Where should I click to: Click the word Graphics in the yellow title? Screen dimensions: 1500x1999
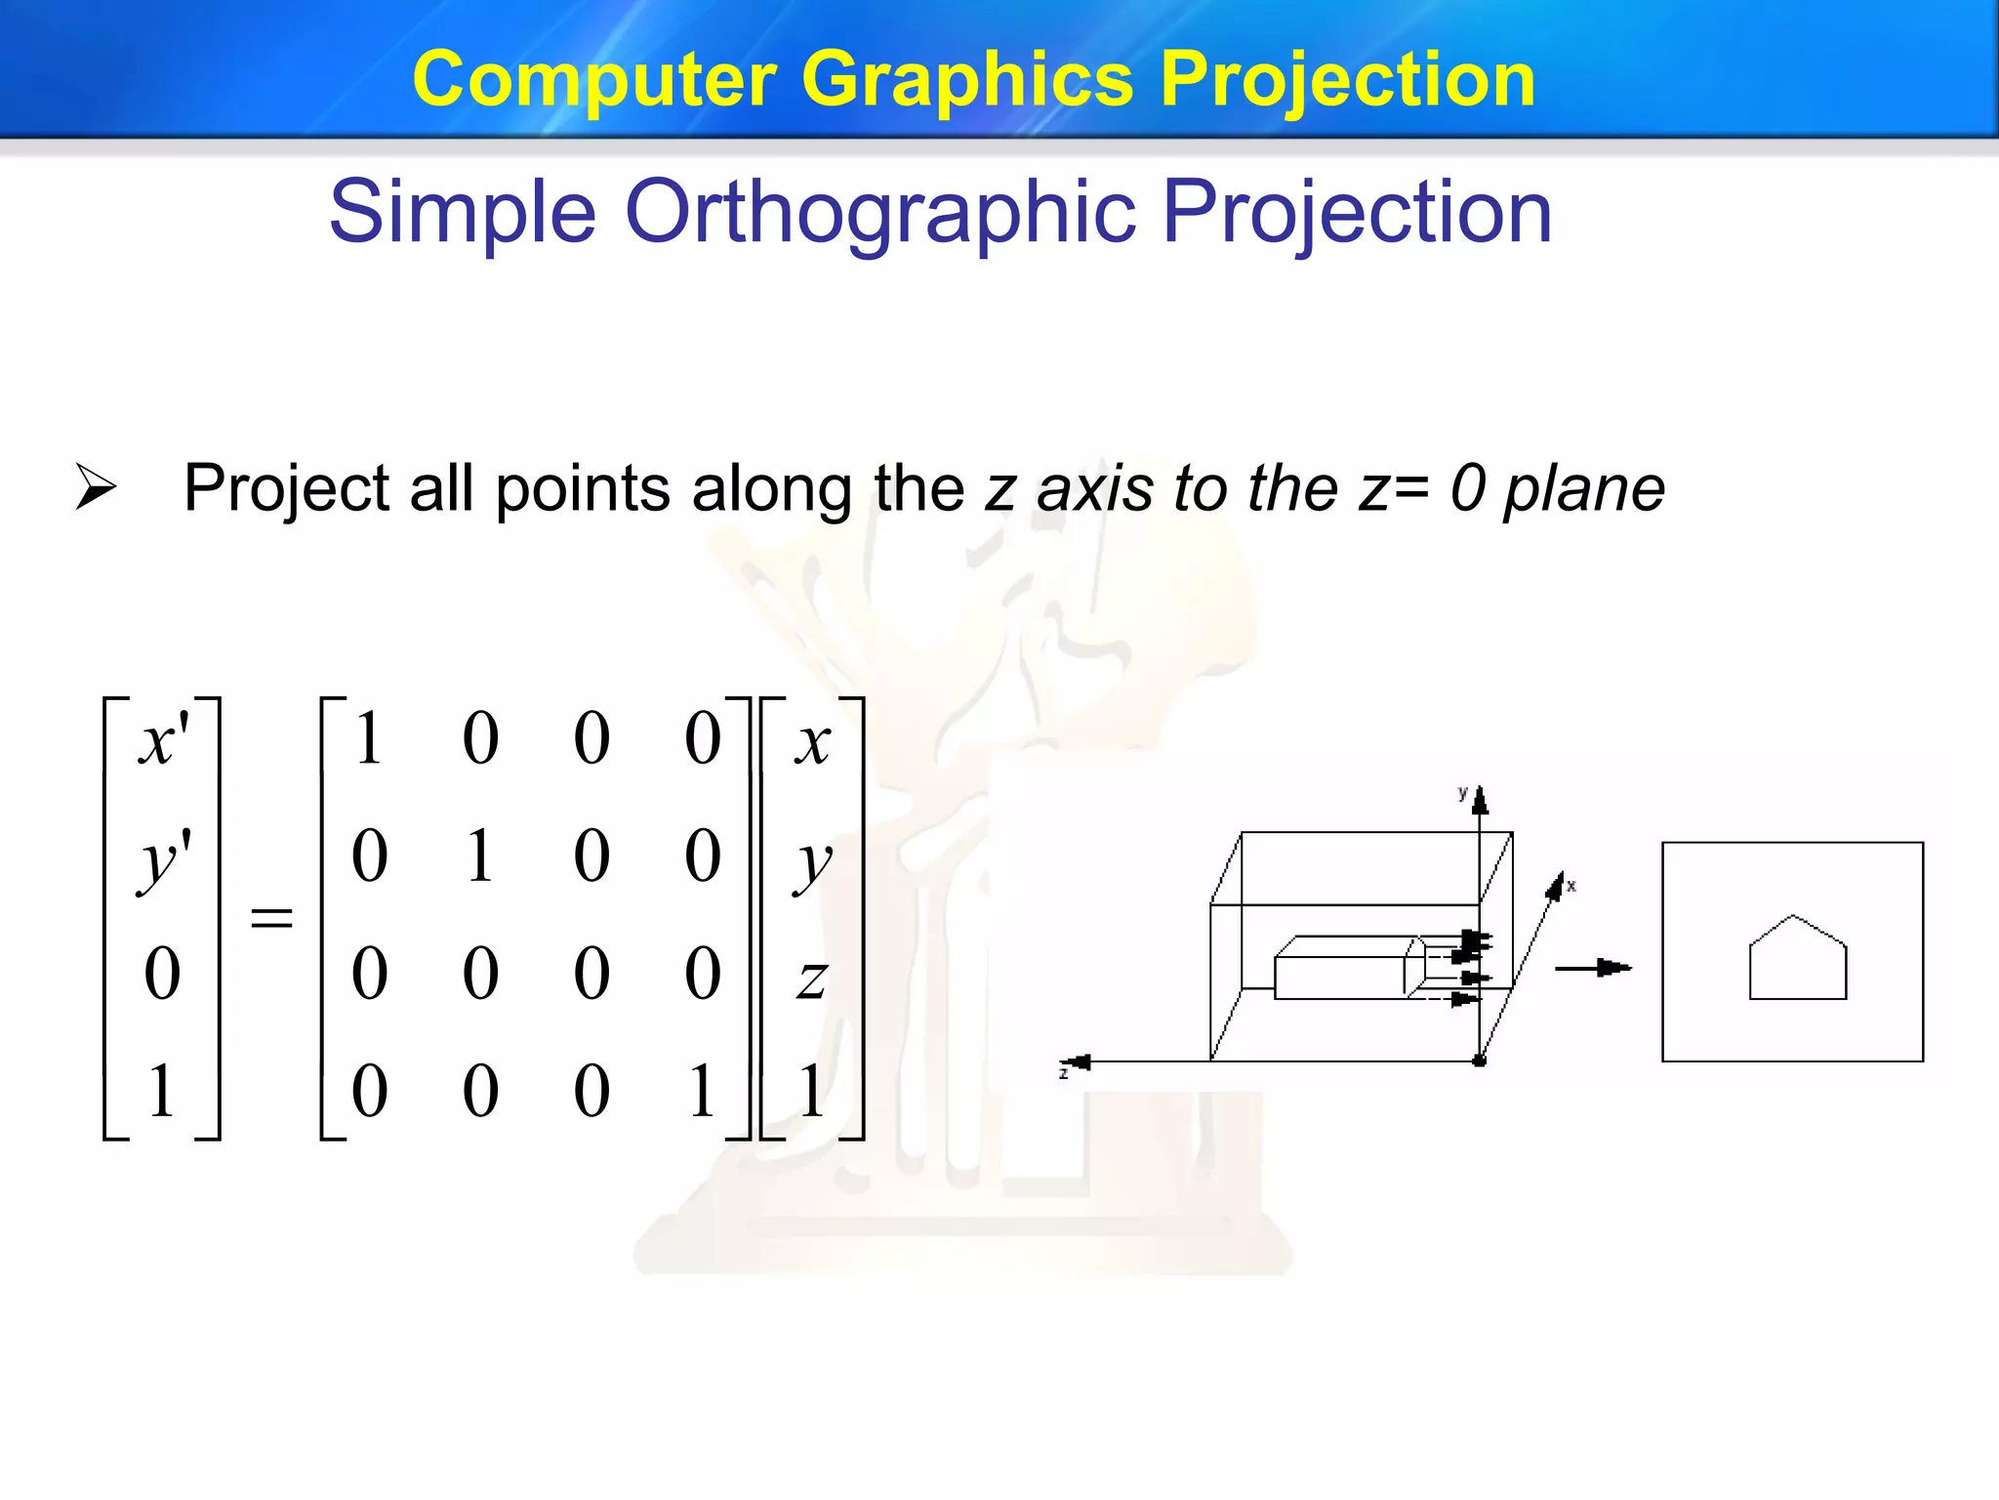point(966,80)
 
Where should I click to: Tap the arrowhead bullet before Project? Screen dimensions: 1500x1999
point(96,487)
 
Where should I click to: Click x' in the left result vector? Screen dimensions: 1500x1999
point(163,740)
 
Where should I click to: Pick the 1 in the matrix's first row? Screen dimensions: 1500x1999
point(369,738)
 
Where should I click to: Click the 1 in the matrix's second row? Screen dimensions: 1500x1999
point(479,856)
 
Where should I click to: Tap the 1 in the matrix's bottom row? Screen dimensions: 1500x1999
point(702,1091)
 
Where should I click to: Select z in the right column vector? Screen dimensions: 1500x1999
point(812,977)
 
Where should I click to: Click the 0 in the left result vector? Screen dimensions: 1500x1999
point(162,974)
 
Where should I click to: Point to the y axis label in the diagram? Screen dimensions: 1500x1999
point(1462,793)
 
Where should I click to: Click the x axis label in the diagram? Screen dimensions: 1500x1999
point(1571,886)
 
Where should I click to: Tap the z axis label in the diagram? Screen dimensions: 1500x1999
point(1063,1073)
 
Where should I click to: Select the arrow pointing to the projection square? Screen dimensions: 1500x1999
point(1593,968)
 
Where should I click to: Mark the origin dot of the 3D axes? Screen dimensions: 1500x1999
point(1480,1061)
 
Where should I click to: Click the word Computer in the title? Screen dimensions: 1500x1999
point(594,80)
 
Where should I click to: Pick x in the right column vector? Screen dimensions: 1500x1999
point(812,742)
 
